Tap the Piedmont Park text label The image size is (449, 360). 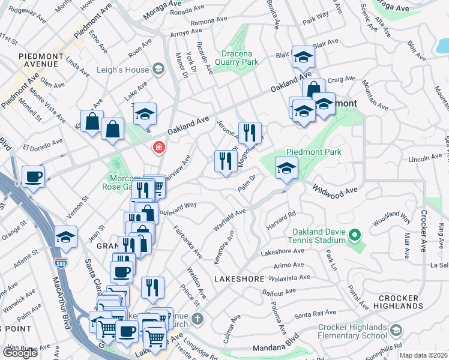click(314, 152)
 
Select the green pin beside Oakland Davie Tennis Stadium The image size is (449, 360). click(355, 236)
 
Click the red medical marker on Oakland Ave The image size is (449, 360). click(159, 147)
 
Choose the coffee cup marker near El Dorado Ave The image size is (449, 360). click(33, 177)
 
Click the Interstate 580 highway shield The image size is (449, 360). click(71, 262)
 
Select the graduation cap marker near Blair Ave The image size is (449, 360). click(304, 58)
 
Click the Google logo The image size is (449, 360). click(20, 353)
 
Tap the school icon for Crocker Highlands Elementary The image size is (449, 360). click(396, 329)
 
